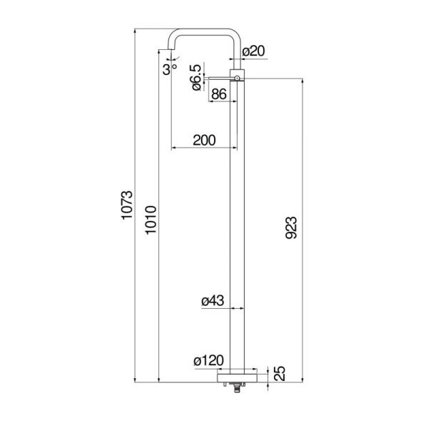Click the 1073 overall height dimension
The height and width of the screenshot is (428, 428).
(x=127, y=207)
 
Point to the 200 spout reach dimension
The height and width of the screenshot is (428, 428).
(x=204, y=140)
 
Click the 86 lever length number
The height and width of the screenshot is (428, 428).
(x=220, y=94)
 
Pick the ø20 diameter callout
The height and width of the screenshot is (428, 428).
(x=253, y=51)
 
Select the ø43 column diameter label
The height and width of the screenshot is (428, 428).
(x=213, y=301)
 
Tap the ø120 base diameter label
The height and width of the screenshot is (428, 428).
(x=209, y=362)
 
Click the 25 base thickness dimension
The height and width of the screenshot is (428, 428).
(x=280, y=373)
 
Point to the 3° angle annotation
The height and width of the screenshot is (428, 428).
(x=168, y=68)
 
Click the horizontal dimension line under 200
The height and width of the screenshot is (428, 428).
(x=204, y=148)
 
